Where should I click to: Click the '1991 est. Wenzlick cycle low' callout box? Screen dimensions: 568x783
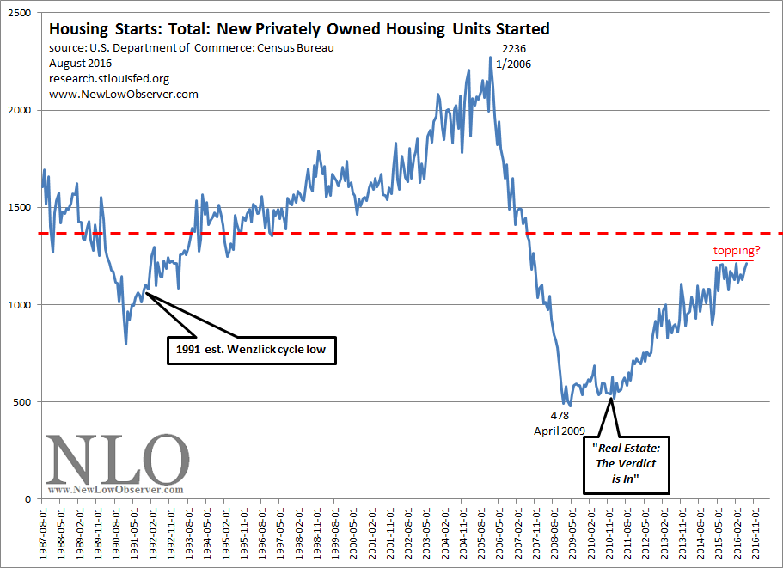point(250,350)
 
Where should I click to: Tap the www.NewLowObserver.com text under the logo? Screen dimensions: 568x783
point(116,490)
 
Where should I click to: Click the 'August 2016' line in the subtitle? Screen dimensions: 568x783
point(73,63)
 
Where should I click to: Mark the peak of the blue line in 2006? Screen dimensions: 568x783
point(490,58)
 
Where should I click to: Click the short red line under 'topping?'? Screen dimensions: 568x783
point(732,260)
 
